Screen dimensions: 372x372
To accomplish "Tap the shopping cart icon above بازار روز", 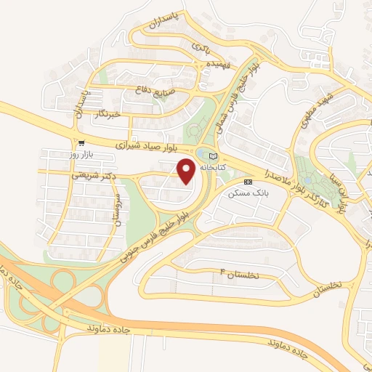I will tap(81, 143).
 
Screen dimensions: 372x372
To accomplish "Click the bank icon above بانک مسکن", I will tap(248, 182).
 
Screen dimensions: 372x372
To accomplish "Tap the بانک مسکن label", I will tap(248, 193).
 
